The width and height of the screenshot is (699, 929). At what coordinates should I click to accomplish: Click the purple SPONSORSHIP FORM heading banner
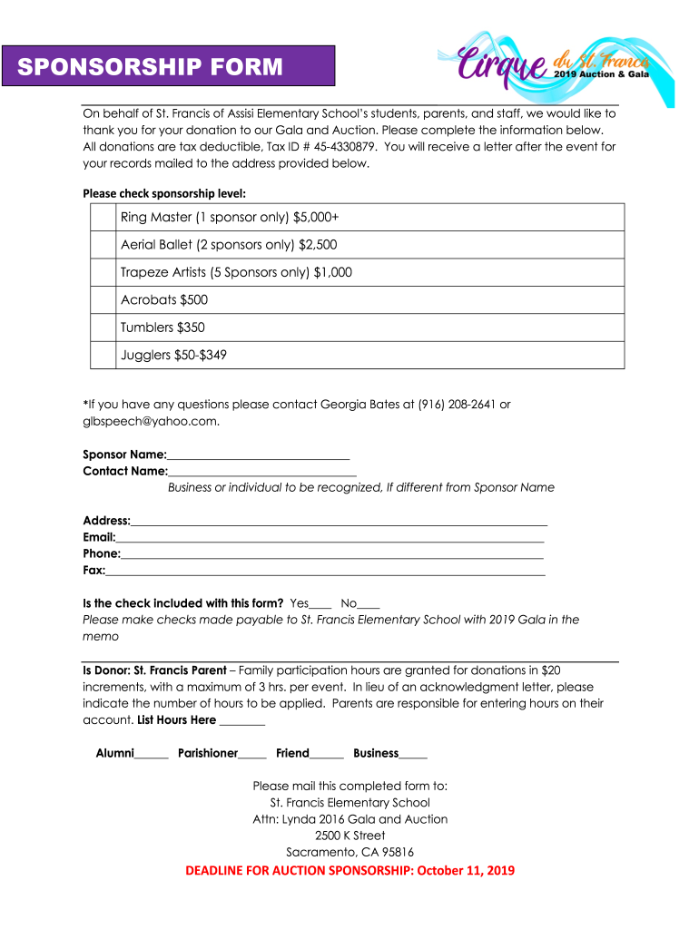pyautogui.click(x=168, y=66)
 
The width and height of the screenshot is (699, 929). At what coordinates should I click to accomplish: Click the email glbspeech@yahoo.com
pyautogui.click(x=150, y=421)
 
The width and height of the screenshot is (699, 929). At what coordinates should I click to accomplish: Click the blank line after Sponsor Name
pyautogui.click(x=259, y=455)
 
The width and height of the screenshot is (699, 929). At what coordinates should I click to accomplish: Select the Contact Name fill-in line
pyautogui.click(x=262, y=472)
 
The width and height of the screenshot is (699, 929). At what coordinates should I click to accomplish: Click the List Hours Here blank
pyautogui.click(x=242, y=720)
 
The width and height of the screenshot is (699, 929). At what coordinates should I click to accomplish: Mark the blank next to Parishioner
pyautogui.click(x=253, y=754)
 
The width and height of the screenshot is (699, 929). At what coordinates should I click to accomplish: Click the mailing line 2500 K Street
pyautogui.click(x=349, y=836)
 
